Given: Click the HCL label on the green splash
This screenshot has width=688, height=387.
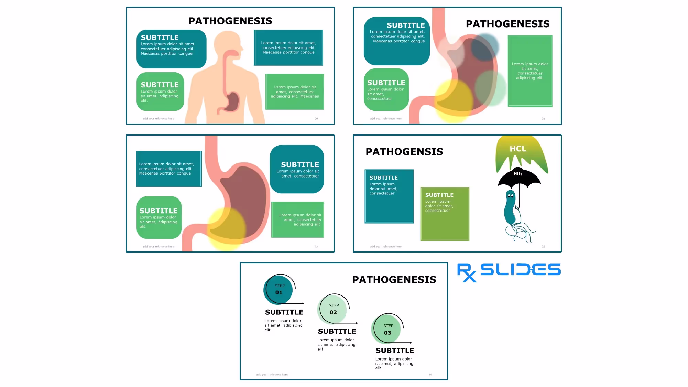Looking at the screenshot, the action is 518,149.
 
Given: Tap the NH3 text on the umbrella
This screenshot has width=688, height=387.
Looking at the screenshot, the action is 518,173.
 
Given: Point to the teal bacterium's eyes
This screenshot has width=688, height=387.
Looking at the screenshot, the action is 511,196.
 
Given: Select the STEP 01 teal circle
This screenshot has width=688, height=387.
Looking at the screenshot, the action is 279,290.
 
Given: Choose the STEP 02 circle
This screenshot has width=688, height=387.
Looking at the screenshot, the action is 333,309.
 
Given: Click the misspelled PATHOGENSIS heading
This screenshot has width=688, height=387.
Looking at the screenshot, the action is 404,152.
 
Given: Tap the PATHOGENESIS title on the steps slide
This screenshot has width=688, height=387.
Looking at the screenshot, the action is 394,280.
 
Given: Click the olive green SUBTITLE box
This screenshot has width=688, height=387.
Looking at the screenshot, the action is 445,214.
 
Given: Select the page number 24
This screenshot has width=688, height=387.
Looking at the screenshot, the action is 430,375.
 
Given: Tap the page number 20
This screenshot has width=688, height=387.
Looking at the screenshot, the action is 316,119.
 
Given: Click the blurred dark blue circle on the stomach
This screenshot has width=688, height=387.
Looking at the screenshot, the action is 485,47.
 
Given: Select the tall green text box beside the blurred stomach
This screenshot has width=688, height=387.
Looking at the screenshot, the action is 530,71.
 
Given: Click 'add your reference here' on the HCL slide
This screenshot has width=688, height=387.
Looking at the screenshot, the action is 385,247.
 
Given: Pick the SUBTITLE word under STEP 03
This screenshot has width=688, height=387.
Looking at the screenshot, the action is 395,351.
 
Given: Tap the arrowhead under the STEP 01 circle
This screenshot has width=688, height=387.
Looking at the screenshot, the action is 303,303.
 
